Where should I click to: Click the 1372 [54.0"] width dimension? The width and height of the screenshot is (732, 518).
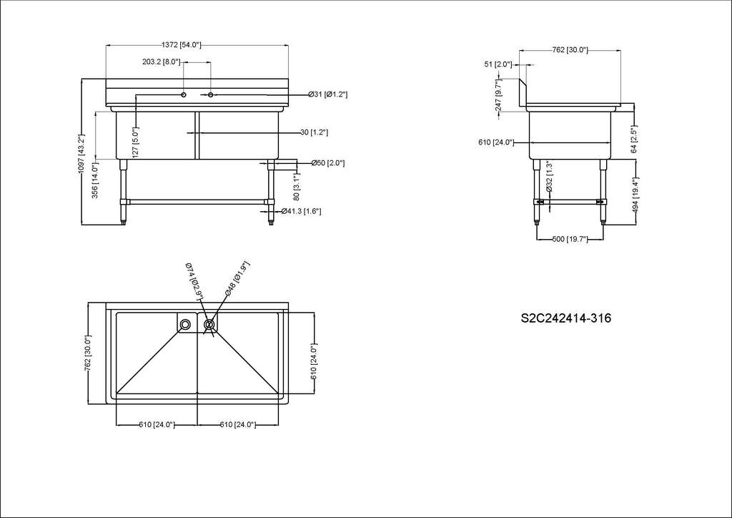pyautogui.click(x=181, y=45)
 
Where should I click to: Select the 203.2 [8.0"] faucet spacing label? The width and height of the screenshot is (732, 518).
pyautogui.click(x=161, y=62)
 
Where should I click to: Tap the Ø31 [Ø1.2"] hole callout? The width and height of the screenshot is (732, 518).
pyautogui.click(x=327, y=94)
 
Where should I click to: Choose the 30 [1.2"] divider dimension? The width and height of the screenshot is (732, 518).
pyautogui.click(x=314, y=132)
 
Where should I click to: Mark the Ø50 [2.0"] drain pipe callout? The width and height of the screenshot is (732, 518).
pyautogui.click(x=327, y=163)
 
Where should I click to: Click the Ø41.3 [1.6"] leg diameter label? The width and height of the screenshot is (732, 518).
pyautogui.click(x=301, y=211)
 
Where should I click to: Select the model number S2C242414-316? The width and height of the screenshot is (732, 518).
pyautogui.click(x=566, y=318)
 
